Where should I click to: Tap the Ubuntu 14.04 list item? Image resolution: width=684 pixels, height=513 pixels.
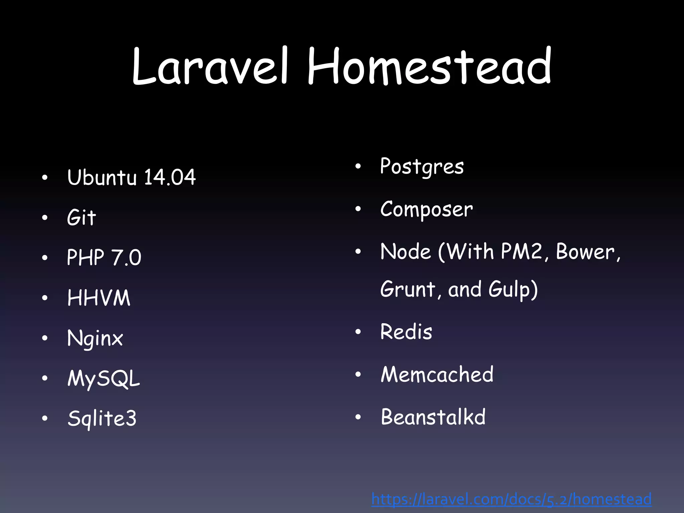(131, 177)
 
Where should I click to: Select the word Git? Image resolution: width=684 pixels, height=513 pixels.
(81, 217)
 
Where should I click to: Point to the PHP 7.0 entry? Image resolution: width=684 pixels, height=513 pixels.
(104, 257)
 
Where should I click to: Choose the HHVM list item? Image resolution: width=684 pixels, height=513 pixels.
(99, 298)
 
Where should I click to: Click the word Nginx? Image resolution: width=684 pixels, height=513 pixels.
(95, 338)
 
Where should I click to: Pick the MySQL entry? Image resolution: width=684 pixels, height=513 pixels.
(104, 378)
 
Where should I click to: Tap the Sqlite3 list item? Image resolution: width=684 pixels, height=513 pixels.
(102, 418)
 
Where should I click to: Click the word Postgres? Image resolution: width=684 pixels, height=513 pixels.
(422, 166)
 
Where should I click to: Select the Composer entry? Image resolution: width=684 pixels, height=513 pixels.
(426, 209)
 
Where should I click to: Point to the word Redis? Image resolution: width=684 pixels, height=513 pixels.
(406, 332)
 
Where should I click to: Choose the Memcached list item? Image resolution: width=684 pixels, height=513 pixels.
(437, 374)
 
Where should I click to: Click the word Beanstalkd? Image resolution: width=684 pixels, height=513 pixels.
(433, 417)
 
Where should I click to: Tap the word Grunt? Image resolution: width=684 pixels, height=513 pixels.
(407, 289)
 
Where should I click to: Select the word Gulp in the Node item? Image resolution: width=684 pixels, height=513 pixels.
(510, 289)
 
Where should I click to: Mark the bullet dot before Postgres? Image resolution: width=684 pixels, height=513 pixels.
(358, 166)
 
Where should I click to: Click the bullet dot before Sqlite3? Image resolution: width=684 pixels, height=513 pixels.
(45, 418)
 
